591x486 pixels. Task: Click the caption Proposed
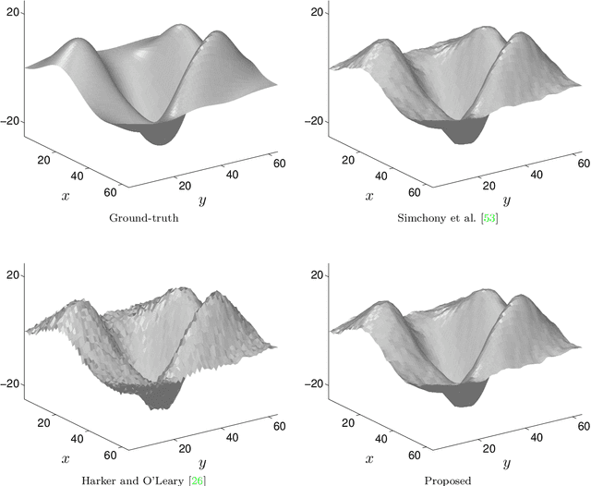(447, 480)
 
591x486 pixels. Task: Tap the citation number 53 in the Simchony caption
(502, 218)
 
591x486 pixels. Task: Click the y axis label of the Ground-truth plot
(201, 200)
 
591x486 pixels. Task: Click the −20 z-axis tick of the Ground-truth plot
(12, 121)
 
